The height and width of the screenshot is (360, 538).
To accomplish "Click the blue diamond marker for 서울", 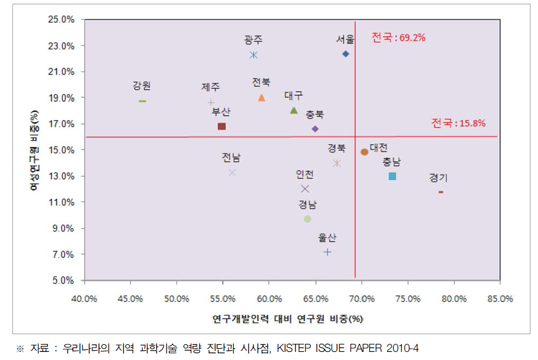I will point(346,54).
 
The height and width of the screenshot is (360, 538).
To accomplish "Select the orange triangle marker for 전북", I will point(262,98).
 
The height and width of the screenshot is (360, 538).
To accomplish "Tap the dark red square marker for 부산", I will point(221,126).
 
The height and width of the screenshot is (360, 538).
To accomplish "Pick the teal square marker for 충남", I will point(393,176).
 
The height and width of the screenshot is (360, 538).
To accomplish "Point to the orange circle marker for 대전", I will point(365,152).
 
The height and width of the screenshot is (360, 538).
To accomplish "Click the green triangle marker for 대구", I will point(294,110).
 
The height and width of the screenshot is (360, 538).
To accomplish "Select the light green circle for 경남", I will point(308,219).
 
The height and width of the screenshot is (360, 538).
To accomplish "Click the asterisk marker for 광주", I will point(254,55).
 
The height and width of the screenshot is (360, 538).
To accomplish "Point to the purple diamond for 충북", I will point(316,129).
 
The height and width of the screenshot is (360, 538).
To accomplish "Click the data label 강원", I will point(142,86).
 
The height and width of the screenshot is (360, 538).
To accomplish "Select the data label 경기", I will point(438,177).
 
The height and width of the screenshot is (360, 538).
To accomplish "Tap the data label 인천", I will point(305,175).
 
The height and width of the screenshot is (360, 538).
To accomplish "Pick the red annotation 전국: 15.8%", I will point(458,123).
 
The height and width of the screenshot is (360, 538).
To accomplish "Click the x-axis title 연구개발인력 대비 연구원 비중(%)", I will point(288,319).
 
